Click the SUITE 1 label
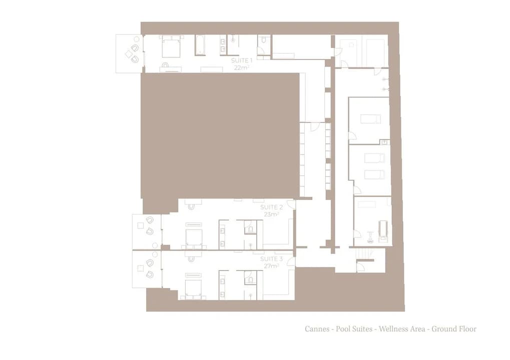pyautogui.click(x=242, y=60)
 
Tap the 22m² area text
pyautogui.click(x=242, y=67)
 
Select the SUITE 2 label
pyautogui.click(x=271, y=207)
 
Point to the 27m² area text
pyautogui.click(x=271, y=266)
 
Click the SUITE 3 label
pyautogui.click(x=271, y=259)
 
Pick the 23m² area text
pyautogui.click(x=271, y=214)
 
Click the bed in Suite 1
pyautogui.click(x=171, y=46)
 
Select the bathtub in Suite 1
pyautogui.click(x=200, y=45)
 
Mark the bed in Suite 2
pyautogui.click(x=194, y=236)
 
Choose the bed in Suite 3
pyautogui.click(x=194, y=286)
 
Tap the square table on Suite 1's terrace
pyautogui.click(x=129, y=54)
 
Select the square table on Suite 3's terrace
pyautogui.click(x=141, y=268)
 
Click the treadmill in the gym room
pyautogui.click(x=383, y=230)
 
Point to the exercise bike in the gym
pyautogui.click(x=370, y=237)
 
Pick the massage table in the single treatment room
pyautogui.click(x=371, y=119)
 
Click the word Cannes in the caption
pyautogui.click(x=317, y=329)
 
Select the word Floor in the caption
pyautogui.click(x=467, y=329)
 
